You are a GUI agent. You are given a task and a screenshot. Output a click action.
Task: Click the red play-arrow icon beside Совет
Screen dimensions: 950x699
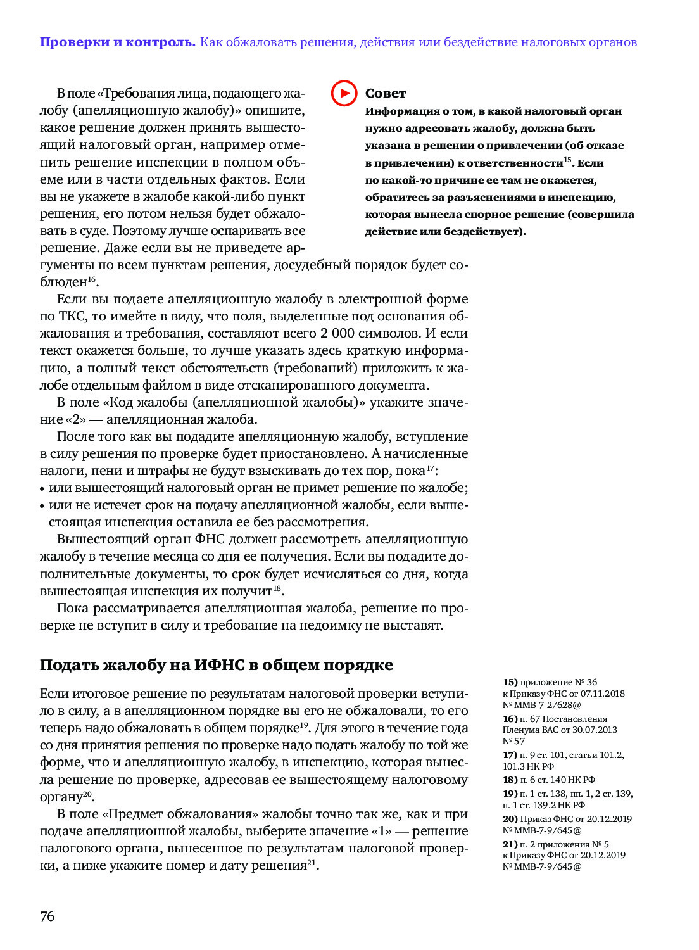click(344, 93)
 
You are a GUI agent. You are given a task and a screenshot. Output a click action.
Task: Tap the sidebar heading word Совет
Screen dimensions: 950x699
click(385, 94)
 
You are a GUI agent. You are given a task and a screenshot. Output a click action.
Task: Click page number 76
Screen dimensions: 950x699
click(47, 916)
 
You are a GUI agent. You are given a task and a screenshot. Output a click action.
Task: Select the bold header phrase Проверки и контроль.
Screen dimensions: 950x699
click(118, 42)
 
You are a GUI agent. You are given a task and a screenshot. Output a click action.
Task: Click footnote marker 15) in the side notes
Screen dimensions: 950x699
click(510, 682)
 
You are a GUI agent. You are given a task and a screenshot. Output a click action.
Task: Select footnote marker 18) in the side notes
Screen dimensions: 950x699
click(510, 780)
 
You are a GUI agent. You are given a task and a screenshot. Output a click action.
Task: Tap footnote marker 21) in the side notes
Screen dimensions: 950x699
click(510, 844)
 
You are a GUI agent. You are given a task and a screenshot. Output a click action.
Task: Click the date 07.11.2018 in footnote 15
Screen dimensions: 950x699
click(602, 693)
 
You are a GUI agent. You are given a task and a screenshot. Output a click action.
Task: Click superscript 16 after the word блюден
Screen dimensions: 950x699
click(92, 279)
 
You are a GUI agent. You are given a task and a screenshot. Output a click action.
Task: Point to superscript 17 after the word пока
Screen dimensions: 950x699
click(431, 468)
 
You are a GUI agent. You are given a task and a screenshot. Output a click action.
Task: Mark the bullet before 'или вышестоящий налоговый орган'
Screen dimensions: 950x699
click(42, 489)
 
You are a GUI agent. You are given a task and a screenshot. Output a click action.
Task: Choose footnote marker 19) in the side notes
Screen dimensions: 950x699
click(510, 794)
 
